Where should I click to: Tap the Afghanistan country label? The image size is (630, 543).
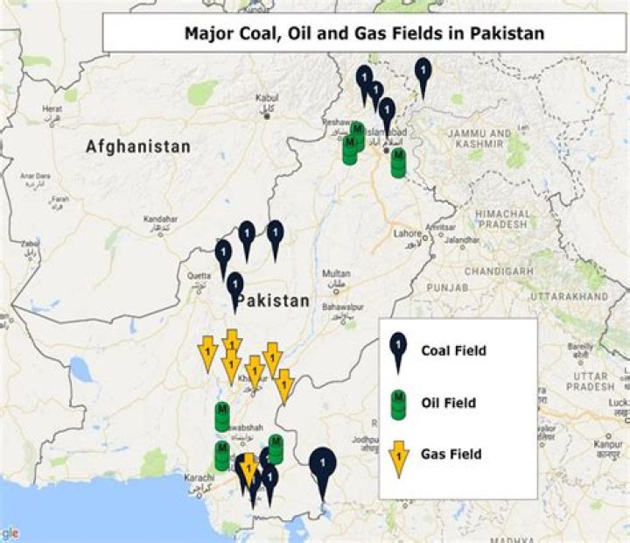click(137, 147)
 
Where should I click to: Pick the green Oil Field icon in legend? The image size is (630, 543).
click(399, 403)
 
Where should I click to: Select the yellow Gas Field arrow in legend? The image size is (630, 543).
click(399, 455)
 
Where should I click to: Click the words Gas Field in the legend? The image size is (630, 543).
click(451, 455)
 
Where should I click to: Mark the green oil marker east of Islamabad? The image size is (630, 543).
click(398, 163)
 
